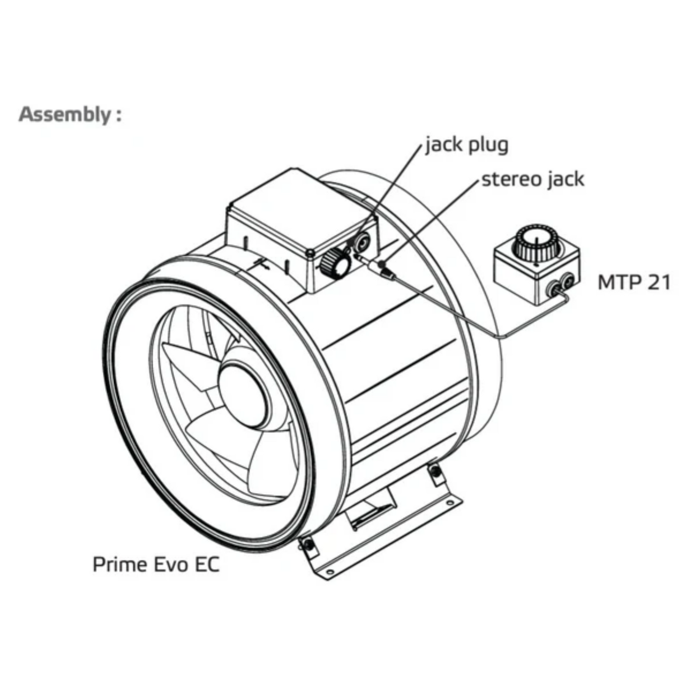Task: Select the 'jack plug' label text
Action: (467, 145)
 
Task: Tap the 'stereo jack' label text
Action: (533, 179)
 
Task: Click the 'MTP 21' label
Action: (634, 282)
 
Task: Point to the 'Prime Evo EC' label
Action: (156, 564)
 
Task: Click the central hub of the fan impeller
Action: (242, 392)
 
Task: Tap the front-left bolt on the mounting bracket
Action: (306, 544)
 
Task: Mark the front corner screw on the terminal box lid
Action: (310, 253)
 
